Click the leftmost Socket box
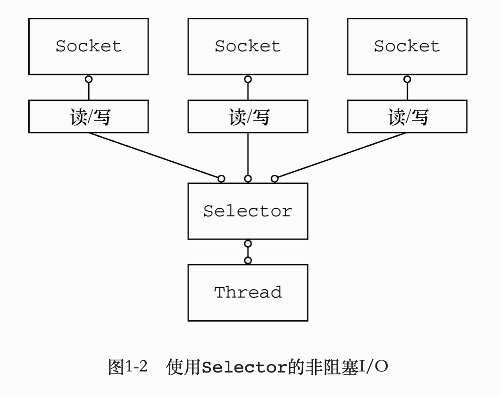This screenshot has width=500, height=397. [88, 46]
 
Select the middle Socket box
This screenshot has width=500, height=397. [248, 46]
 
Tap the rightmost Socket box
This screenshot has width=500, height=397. [407, 46]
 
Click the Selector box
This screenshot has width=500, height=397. [248, 211]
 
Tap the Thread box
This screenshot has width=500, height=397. [248, 292]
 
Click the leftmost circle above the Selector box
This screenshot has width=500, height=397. [221, 179]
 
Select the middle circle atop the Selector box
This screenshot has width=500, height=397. [248, 179]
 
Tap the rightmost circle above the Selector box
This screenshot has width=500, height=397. [275, 179]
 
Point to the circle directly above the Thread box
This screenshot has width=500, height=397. [248, 260]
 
